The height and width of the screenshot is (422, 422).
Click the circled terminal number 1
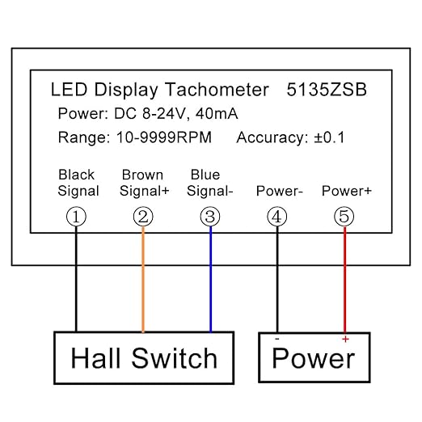(x=76, y=217)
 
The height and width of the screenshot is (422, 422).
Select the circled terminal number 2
(x=143, y=217)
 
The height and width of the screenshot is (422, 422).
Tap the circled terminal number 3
(x=210, y=217)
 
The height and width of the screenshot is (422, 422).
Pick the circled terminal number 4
(x=277, y=217)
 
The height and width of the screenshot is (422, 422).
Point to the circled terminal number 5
(x=344, y=217)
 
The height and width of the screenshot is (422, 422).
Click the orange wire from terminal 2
(x=143, y=280)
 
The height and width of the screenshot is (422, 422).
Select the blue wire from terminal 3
(x=211, y=280)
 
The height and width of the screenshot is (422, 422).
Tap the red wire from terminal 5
(x=344, y=280)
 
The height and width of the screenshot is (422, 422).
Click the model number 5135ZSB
(x=327, y=90)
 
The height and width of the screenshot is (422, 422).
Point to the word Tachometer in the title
(x=217, y=90)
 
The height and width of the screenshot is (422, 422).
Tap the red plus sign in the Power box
(x=345, y=339)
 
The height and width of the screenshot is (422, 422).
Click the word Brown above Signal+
(x=142, y=175)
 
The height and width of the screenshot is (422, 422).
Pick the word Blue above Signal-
(x=205, y=175)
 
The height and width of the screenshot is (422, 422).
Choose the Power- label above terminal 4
(x=280, y=191)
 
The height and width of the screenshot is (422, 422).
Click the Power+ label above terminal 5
(x=347, y=191)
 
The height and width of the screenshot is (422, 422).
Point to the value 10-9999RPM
(x=164, y=137)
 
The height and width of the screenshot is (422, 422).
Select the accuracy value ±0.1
(x=329, y=137)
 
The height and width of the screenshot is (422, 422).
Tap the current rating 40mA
(x=217, y=113)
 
